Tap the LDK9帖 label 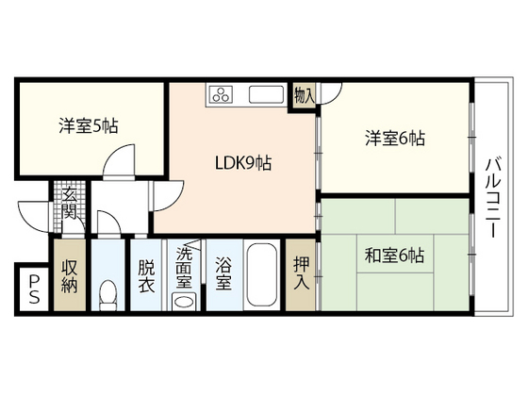tap(241, 163)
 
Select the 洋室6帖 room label tap(395, 139)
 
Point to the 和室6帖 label tap(395, 255)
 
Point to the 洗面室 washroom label tap(184, 267)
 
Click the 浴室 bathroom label tap(223, 267)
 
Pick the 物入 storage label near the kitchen tap(304, 94)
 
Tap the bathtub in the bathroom tap(263, 277)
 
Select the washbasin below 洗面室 tap(185, 302)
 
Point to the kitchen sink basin tap(267, 95)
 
